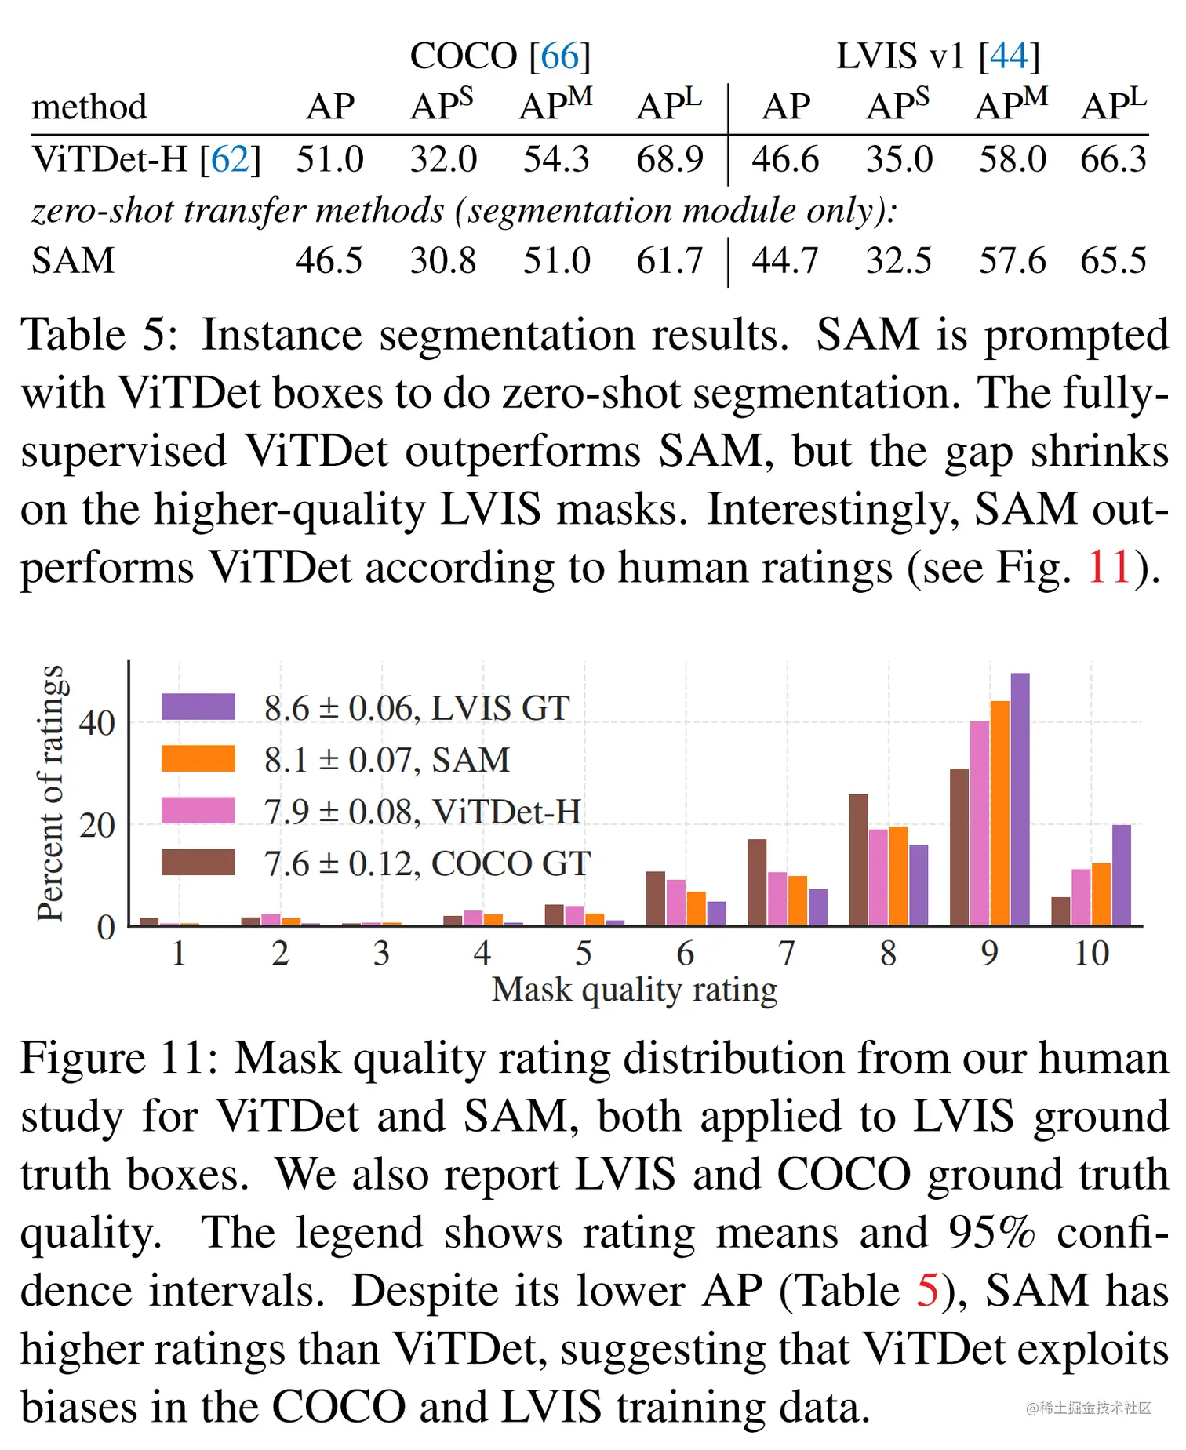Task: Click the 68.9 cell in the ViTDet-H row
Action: pos(669,160)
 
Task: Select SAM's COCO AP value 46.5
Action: pos(329,261)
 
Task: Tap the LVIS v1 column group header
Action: pos(937,56)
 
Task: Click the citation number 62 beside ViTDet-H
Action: pos(230,160)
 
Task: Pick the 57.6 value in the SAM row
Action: pos(1012,261)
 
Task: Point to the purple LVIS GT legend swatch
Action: pos(198,707)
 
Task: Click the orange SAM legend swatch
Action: pos(198,758)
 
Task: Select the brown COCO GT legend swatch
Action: pos(198,862)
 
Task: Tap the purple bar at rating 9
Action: pos(1020,800)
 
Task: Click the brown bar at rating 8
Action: pos(858,860)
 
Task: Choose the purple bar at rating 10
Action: pos(1121,875)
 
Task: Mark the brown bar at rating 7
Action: pos(757,882)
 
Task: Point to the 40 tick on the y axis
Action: pos(97,723)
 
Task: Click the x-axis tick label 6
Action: pos(685,954)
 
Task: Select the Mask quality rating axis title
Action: pos(634,990)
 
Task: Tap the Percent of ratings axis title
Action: pos(50,793)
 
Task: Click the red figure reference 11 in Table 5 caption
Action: pos(1108,567)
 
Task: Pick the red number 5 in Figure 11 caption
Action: pos(926,1291)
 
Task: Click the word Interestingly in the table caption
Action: pos(835,510)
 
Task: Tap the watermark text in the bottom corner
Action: pos(1088,1408)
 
